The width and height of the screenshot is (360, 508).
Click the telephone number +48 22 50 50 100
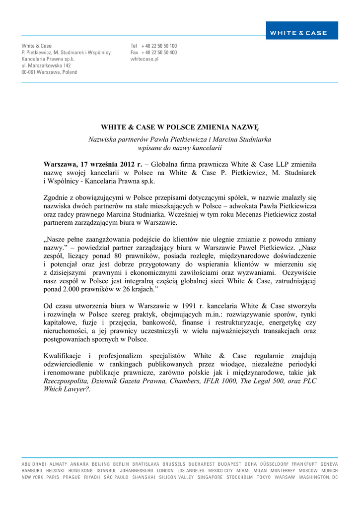(x=159, y=46)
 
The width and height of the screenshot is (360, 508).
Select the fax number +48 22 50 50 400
(x=159, y=52)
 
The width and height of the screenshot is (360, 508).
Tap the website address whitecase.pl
(x=144, y=59)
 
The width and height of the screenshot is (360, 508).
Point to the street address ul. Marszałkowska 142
(x=46, y=65)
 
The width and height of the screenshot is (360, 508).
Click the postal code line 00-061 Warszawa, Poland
(x=49, y=72)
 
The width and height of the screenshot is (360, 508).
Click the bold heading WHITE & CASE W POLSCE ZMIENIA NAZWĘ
(x=180, y=127)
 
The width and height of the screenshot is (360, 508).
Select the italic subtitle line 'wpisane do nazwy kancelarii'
(x=180, y=147)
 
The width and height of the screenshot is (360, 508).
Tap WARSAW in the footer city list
(x=285, y=477)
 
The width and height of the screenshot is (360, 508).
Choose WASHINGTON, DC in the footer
(x=318, y=477)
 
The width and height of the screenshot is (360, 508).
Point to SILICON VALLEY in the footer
(x=176, y=477)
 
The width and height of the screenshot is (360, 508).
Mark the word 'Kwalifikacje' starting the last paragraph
(x=62, y=356)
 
